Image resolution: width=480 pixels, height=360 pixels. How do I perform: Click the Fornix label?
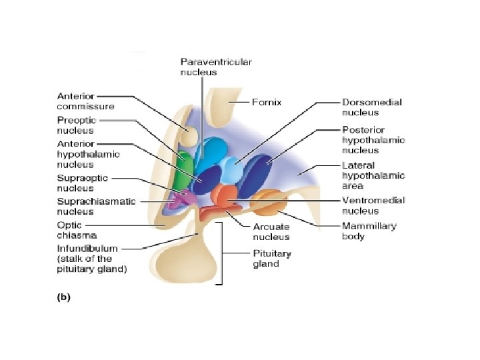266,102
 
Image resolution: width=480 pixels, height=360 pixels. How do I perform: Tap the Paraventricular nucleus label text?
216,67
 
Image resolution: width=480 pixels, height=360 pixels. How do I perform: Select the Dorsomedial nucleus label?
371,107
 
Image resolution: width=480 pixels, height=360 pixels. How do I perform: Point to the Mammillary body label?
369,231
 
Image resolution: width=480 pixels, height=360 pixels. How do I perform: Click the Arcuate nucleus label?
271,232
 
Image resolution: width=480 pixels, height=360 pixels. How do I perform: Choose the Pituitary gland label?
272,259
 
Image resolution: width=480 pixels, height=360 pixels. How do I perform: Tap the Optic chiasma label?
77,230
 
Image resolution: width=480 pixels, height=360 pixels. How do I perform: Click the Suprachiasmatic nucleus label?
96,206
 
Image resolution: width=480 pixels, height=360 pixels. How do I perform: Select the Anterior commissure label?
85,101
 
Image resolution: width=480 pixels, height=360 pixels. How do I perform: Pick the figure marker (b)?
64,297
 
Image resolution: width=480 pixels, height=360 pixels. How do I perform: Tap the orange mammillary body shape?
269,203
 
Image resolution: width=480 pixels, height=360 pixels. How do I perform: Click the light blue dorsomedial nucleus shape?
233,171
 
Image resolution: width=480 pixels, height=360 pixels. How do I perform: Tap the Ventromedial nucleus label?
373,206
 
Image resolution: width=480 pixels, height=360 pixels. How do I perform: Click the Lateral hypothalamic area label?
373,176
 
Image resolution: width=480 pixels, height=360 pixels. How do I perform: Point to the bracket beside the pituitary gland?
221,253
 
